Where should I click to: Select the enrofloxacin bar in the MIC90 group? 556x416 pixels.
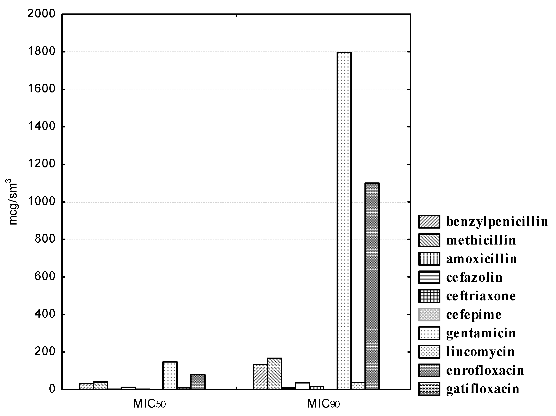click(372, 286)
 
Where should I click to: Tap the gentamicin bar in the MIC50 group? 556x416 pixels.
click(170, 376)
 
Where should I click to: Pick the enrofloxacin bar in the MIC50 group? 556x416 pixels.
click(198, 382)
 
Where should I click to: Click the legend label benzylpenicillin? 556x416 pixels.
click(497, 222)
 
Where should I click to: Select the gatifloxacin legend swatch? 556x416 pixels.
click(429, 389)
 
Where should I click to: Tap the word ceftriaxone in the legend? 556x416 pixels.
click(481, 296)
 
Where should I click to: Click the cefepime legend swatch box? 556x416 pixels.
click(429, 315)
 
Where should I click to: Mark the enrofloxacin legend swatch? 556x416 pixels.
click(429, 370)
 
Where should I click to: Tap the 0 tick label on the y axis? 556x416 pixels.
click(52, 389)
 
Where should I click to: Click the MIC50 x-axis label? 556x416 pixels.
click(149, 404)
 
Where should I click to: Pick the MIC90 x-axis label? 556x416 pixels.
click(323, 404)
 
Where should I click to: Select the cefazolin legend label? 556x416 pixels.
click(474, 278)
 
